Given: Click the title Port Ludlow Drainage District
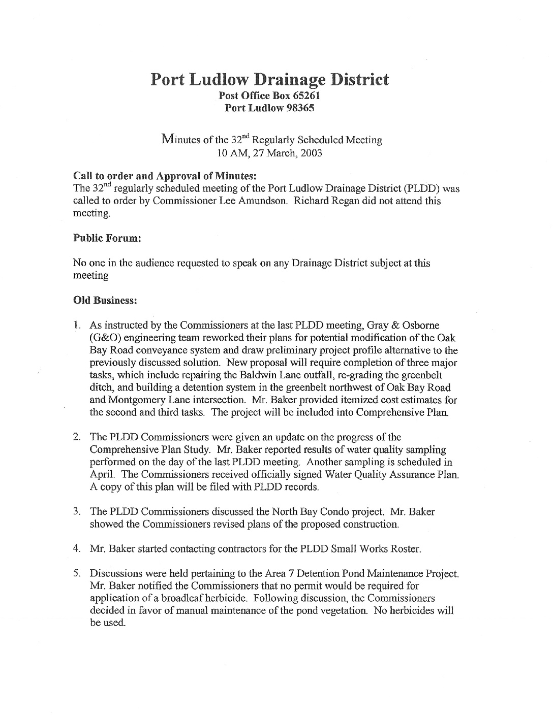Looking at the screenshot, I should click(x=270, y=79).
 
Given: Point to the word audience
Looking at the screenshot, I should click(x=144, y=263).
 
